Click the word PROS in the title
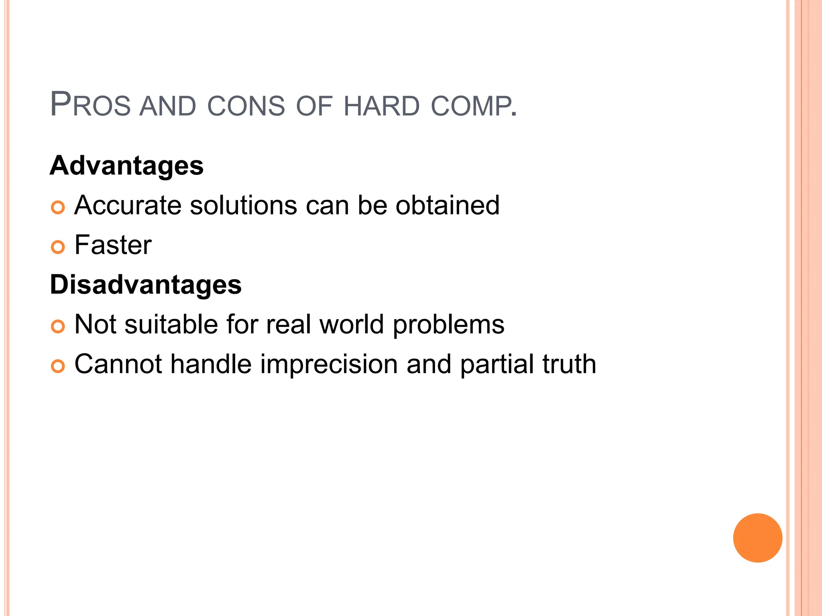[x=90, y=105]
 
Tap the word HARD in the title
[x=381, y=106]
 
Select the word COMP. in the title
[x=474, y=106]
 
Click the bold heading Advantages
[x=126, y=166]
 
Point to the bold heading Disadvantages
[x=146, y=285]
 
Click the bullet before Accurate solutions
[x=58, y=207]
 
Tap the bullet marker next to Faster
[x=58, y=247]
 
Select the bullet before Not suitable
[x=58, y=326]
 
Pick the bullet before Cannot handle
[x=58, y=366]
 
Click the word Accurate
[x=128, y=205]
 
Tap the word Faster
[x=113, y=245]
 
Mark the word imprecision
[x=329, y=364]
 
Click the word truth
[x=569, y=364]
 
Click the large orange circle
[x=757, y=538]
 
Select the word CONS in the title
[x=246, y=106]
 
